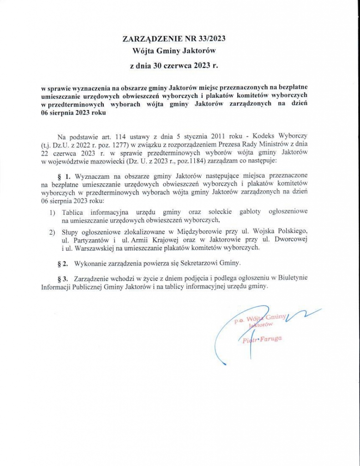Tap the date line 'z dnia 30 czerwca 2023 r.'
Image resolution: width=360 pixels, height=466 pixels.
tap(174, 66)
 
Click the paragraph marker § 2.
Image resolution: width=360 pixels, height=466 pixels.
tap(63, 263)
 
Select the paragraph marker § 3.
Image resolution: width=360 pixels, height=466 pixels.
tap(63, 278)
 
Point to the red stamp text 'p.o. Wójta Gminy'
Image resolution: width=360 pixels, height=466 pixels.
tap(259, 319)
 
